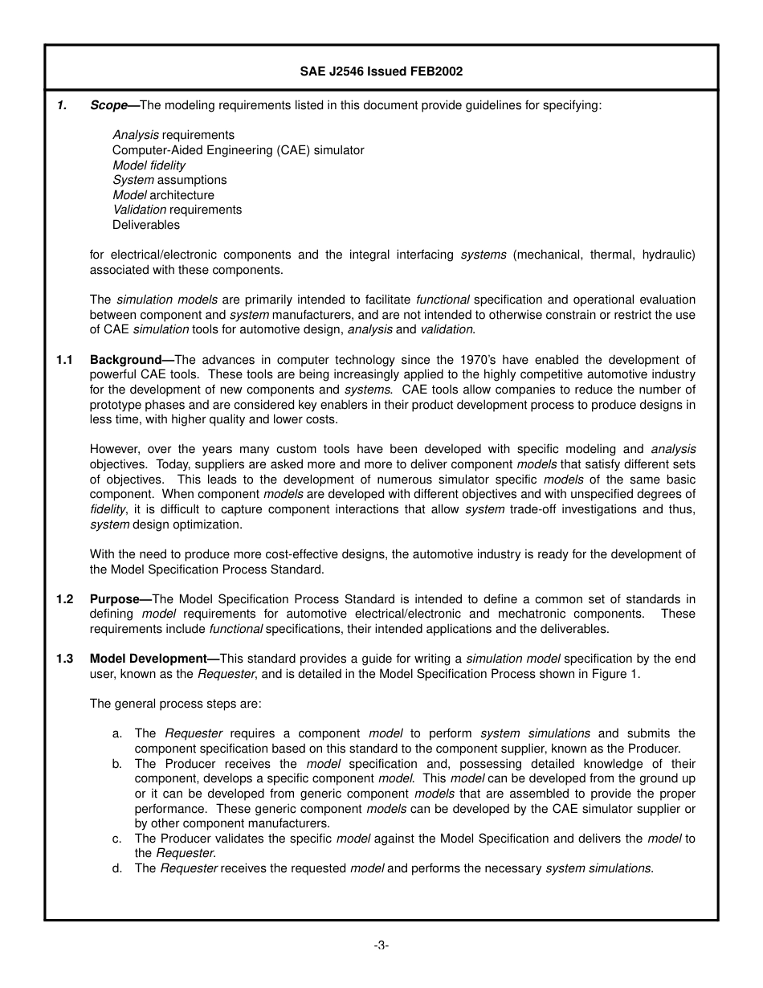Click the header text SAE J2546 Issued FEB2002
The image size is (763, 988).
pyautogui.click(x=381, y=71)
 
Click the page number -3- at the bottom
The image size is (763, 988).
pyautogui.click(x=381, y=945)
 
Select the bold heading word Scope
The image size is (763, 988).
pyautogui.click(x=108, y=105)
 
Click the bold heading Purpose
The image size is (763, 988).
pyautogui.click(x=115, y=599)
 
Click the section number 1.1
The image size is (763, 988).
pyautogui.click(x=65, y=360)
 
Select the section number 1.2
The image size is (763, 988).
pyautogui.click(x=65, y=599)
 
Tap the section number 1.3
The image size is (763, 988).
pyautogui.click(x=65, y=659)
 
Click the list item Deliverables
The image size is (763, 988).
pyautogui.click(x=146, y=225)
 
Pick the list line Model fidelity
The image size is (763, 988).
pyautogui.click(x=149, y=165)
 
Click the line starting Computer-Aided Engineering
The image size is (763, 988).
pyautogui.click(x=238, y=150)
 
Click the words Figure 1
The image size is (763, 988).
pyautogui.click(x=615, y=674)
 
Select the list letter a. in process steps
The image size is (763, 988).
pyautogui.click(x=117, y=733)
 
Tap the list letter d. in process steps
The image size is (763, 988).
pyautogui.click(x=117, y=868)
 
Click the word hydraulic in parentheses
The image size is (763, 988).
pyautogui.click(x=667, y=255)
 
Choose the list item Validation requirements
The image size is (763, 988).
pyautogui.click(x=177, y=210)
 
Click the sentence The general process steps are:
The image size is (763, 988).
pyautogui.click(x=175, y=704)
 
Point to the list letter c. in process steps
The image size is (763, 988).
pyautogui.click(x=117, y=839)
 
